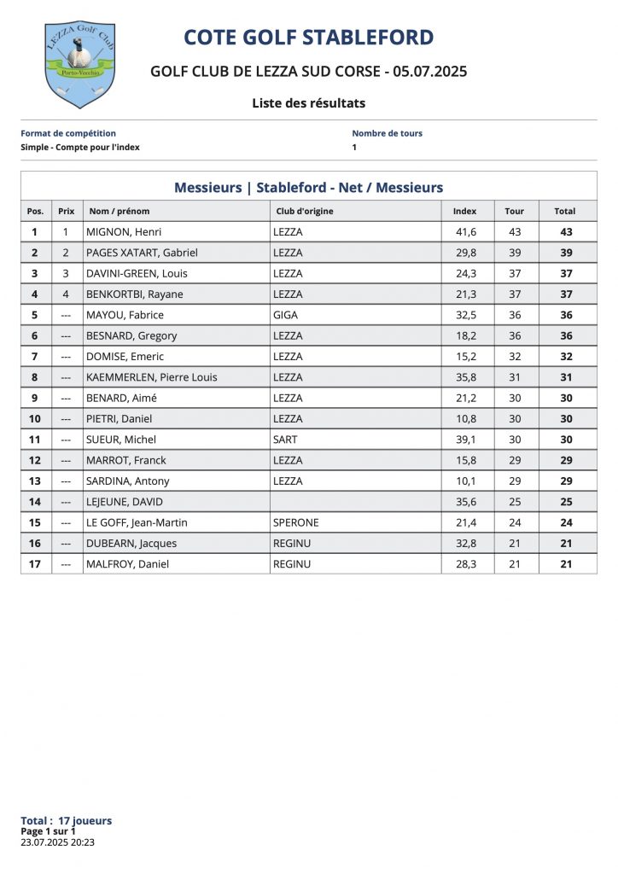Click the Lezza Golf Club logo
[79, 64]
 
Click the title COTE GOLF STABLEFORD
[309, 38]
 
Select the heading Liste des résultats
[308, 103]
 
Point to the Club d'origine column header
[305, 211]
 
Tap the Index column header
[464, 211]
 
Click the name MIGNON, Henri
[124, 232]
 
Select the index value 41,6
[465, 232]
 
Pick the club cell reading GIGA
[285, 315]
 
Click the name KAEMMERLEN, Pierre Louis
[152, 377]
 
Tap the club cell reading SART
[285, 440]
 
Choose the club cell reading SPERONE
[295, 522]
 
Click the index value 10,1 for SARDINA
[465, 481]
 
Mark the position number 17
[35, 564]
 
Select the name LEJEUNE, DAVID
[125, 502]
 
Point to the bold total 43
[566, 232]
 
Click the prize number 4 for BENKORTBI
[66, 294]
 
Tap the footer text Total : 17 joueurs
[66, 821]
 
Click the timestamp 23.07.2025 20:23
[57, 842]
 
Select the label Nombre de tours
[387, 133]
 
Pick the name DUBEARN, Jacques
[131, 544]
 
